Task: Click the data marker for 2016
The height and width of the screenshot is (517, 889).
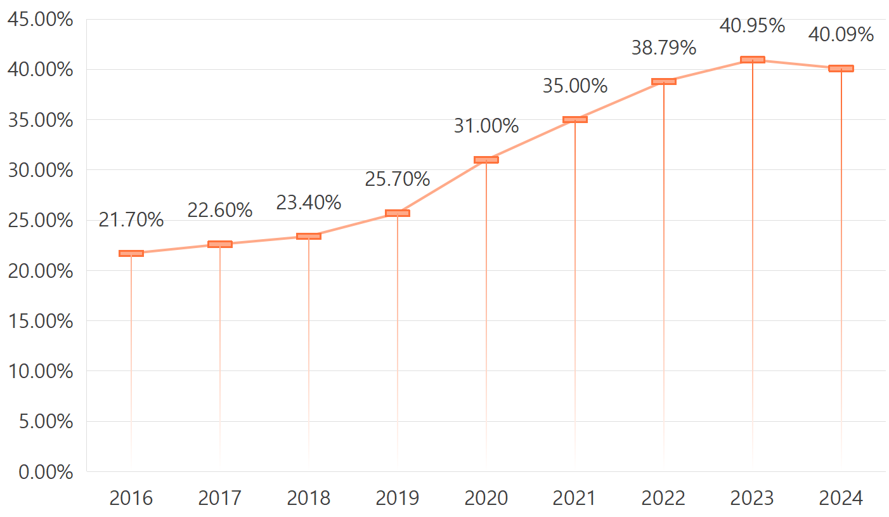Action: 131,253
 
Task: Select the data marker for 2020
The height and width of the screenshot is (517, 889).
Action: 486,160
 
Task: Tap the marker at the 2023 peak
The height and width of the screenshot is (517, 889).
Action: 753,60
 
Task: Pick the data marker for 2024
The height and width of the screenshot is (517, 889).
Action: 841,69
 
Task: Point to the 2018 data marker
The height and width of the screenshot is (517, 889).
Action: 309,236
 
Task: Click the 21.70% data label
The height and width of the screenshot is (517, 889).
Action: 131,220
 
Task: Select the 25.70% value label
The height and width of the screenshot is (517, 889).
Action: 398,180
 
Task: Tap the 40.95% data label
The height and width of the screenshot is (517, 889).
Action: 753,26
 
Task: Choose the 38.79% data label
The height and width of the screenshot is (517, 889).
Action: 664,48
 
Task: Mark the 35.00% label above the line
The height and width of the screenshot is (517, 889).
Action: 575,86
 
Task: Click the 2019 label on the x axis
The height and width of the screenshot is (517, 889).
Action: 398,499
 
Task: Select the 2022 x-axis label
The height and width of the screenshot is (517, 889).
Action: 664,499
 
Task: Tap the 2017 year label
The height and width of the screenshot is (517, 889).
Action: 220,499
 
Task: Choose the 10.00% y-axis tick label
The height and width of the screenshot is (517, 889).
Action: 41,371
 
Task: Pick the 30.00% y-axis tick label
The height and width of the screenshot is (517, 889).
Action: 41,170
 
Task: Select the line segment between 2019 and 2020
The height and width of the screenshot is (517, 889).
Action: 442,187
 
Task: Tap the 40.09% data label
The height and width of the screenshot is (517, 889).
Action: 841,34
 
